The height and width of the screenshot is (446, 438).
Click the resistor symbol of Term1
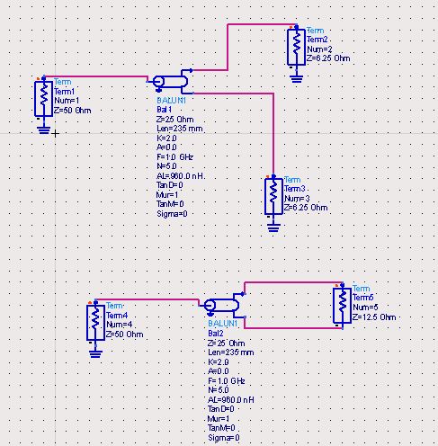[44, 99]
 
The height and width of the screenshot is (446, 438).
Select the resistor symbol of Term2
[297, 47]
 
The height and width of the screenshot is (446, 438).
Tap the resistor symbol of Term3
[273, 196]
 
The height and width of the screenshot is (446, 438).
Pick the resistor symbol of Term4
[95, 323]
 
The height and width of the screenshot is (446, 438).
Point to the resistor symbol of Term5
[343, 306]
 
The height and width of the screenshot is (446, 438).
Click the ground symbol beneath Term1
[44, 129]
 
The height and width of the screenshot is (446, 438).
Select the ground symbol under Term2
[297, 78]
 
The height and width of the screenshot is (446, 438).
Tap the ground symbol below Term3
[273, 227]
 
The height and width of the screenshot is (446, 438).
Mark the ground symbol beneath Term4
[95, 353]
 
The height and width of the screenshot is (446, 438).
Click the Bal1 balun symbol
[171, 82]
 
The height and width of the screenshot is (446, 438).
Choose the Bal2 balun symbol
[222, 306]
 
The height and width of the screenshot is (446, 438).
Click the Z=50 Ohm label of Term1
[73, 111]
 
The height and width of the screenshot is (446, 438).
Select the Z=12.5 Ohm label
[374, 317]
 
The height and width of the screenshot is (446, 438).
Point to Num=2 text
[319, 49]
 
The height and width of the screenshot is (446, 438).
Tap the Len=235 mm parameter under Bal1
[180, 129]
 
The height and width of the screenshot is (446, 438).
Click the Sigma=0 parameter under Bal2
[224, 438]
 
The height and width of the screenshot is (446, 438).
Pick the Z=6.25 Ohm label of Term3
[306, 208]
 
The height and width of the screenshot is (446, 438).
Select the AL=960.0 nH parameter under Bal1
[181, 176]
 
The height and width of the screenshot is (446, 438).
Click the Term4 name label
[117, 316]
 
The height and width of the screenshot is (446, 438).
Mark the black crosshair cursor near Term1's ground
[56, 134]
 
